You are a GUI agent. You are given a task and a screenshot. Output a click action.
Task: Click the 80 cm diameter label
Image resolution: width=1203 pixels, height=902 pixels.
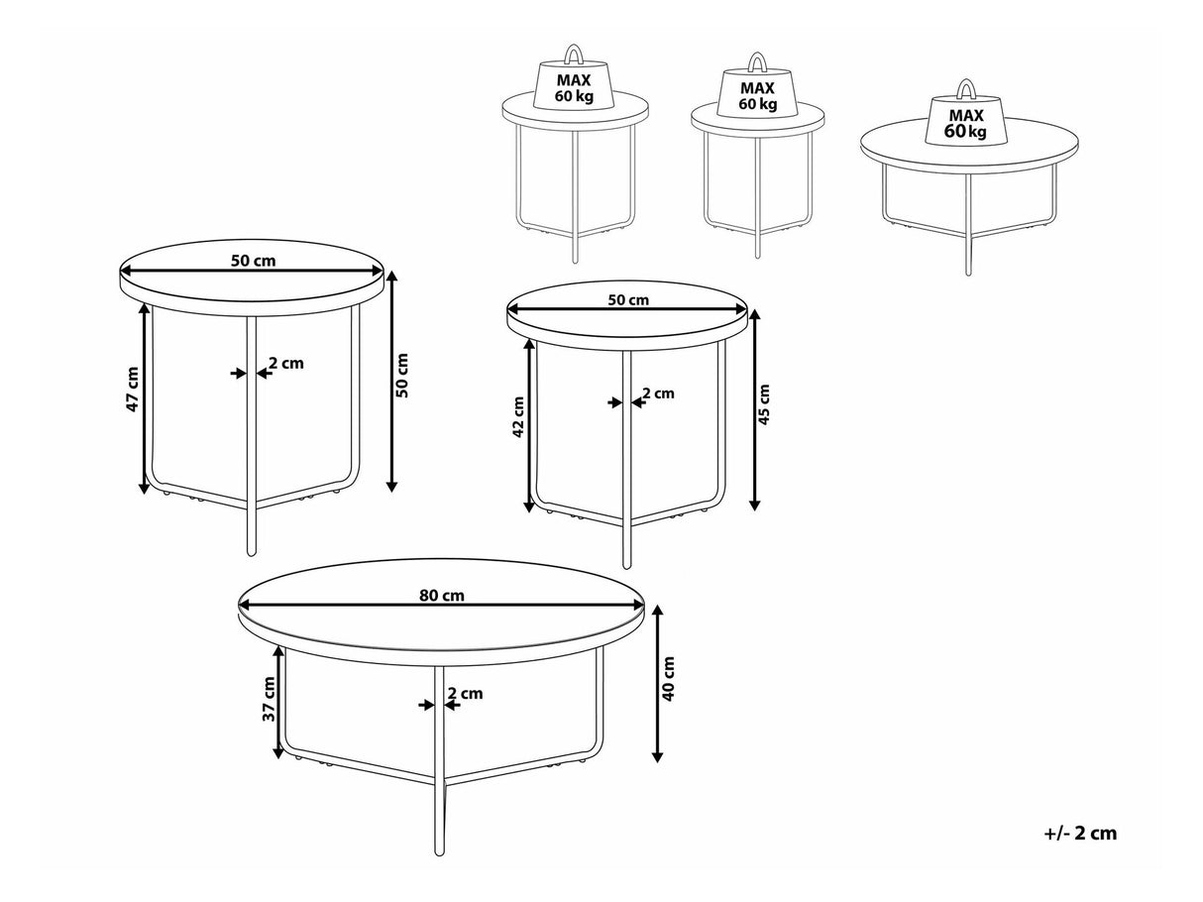pos(442,595)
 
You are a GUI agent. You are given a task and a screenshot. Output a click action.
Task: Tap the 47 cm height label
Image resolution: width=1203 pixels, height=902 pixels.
pos(132,390)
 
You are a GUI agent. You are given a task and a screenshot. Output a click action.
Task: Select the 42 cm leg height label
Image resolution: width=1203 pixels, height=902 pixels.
pos(518,416)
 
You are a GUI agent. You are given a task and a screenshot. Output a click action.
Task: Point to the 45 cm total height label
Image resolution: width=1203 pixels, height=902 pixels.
pos(764,404)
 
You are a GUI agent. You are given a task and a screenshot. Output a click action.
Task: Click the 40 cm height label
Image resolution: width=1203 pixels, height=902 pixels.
pos(668,679)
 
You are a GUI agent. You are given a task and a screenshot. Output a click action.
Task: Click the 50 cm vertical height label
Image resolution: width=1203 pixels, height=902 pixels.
pos(402,376)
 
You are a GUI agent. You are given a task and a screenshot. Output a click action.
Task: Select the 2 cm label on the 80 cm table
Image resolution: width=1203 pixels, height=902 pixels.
pos(466,693)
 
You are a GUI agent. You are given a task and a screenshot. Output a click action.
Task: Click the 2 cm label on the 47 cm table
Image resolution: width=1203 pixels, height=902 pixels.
pos(286,363)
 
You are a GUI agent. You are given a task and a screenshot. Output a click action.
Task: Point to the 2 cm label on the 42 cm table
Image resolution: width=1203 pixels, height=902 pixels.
pos(658,393)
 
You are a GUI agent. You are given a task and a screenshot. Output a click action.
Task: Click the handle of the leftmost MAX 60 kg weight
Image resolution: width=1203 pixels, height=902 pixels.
pos(574,54)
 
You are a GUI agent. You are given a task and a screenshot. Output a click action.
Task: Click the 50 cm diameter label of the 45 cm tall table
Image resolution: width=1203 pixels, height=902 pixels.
pos(628,299)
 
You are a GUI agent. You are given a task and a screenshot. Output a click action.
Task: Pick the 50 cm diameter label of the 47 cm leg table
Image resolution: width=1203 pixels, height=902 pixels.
pos(254,261)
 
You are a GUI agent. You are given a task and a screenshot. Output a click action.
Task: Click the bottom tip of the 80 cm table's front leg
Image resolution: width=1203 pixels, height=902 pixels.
pos(438,868)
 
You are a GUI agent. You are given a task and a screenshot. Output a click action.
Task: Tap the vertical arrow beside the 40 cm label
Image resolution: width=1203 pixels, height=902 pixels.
pos(658,683)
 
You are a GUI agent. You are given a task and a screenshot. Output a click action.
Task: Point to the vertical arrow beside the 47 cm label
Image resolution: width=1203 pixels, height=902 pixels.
pos(145,398)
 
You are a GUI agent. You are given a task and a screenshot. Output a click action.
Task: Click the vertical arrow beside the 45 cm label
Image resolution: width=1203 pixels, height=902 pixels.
pos(755,410)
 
